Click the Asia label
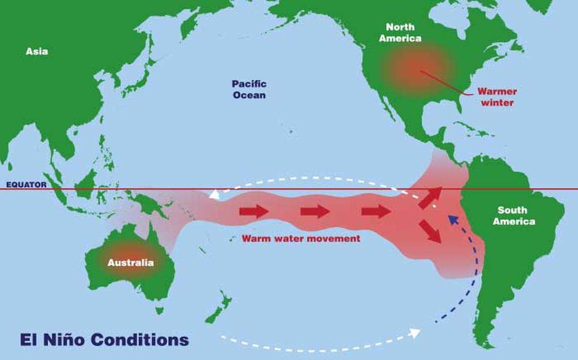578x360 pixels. pyautogui.click(x=37, y=51)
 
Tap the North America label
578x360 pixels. pyautogui.click(x=403, y=32)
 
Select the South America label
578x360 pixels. pyautogui.click(x=514, y=215)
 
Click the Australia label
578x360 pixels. pyautogui.click(x=130, y=263)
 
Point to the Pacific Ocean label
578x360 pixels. pyautogui.click(x=249, y=89)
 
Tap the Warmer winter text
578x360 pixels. pyautogui.click(x=496, y=97)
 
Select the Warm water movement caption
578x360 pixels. pyautogui.click(x=301, y=238)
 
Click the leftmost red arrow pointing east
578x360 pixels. pyautogui.click(x=254, y=211)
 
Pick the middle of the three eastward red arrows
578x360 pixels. pyautogui.click(x=315, y=211)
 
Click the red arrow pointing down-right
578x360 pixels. pyautogui.click(x=430, y=231)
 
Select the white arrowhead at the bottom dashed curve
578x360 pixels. pyautogui.click(x=414, y=333)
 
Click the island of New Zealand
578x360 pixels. pyautogui.click(x=219, y=307)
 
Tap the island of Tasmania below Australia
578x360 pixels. pyautogui.click(x=160, y=310)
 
